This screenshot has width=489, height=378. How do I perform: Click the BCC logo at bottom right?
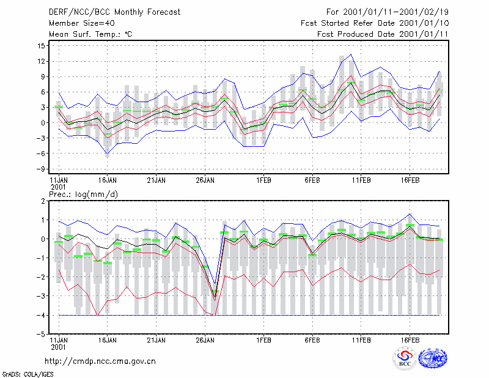(405, 358)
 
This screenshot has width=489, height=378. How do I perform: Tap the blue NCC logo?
(433, 358)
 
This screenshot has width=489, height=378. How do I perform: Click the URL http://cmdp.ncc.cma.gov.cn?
(100, 361)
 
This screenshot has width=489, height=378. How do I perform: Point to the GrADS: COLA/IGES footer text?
(28, 374)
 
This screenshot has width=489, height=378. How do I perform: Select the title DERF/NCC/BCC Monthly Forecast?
(114, 12)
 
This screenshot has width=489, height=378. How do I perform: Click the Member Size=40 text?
(82, 23)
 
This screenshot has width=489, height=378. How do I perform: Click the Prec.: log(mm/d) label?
(83, 195)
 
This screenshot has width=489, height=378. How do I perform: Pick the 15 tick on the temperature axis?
(41, 46)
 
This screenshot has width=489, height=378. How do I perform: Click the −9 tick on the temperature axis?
(41, 169)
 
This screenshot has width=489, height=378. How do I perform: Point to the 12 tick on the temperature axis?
(41, 61)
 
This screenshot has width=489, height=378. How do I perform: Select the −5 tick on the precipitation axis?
(41, 334)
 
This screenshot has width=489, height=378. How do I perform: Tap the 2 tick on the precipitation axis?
(43, 201)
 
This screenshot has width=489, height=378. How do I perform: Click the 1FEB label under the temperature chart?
(264, 180)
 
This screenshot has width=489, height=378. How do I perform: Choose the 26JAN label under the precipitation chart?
(205, 340)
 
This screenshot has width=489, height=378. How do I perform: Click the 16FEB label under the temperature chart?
(410, 180)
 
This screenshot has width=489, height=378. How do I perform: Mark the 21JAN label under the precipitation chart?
(156, 340)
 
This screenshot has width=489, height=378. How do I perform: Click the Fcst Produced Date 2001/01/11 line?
(383, 34)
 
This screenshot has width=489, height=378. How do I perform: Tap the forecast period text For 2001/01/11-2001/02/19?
(388, 12)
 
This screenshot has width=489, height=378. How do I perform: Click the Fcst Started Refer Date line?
(375, 23)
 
